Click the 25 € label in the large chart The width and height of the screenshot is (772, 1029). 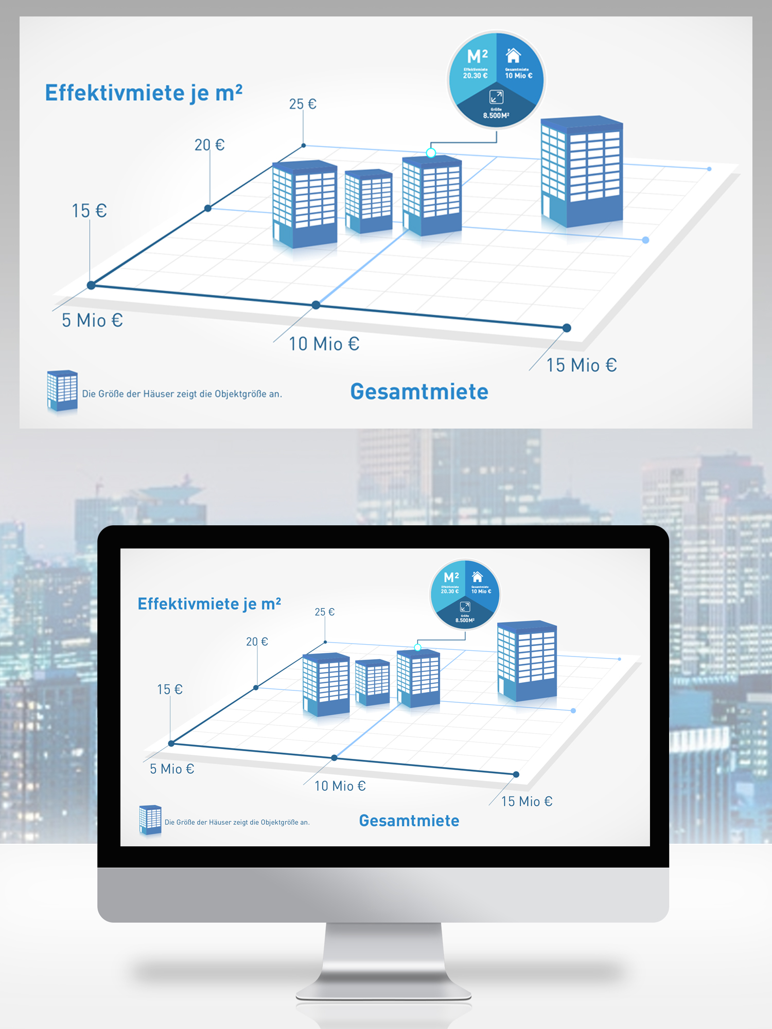coord(303,104)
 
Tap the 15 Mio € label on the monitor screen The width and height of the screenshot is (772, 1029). coord(527,801)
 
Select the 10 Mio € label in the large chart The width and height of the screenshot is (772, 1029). coord(324,344)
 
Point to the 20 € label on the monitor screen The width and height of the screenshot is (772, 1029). coord(257,642)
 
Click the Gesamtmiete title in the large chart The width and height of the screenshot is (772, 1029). coord(419,392)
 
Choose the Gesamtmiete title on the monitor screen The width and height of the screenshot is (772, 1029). coord(409,821)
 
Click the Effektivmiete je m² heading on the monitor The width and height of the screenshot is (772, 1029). coord(209,604)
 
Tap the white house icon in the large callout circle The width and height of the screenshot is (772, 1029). coord(513,55)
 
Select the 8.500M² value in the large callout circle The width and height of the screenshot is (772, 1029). coord(496,116)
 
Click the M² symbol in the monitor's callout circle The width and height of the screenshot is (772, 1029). coord(451,577)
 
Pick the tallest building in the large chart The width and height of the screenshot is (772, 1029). coord(582,172)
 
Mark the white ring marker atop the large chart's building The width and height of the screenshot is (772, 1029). coord(431,153)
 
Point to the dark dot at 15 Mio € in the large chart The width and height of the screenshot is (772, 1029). coord(567,328)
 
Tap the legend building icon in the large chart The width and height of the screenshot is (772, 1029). coord(62,391)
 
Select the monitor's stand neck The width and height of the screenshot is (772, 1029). coord(383,957)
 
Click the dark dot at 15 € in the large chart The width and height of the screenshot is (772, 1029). coord(91,285)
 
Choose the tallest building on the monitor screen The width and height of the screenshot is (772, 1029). coord(527,661)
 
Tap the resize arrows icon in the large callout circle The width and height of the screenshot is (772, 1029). coord(496,97)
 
